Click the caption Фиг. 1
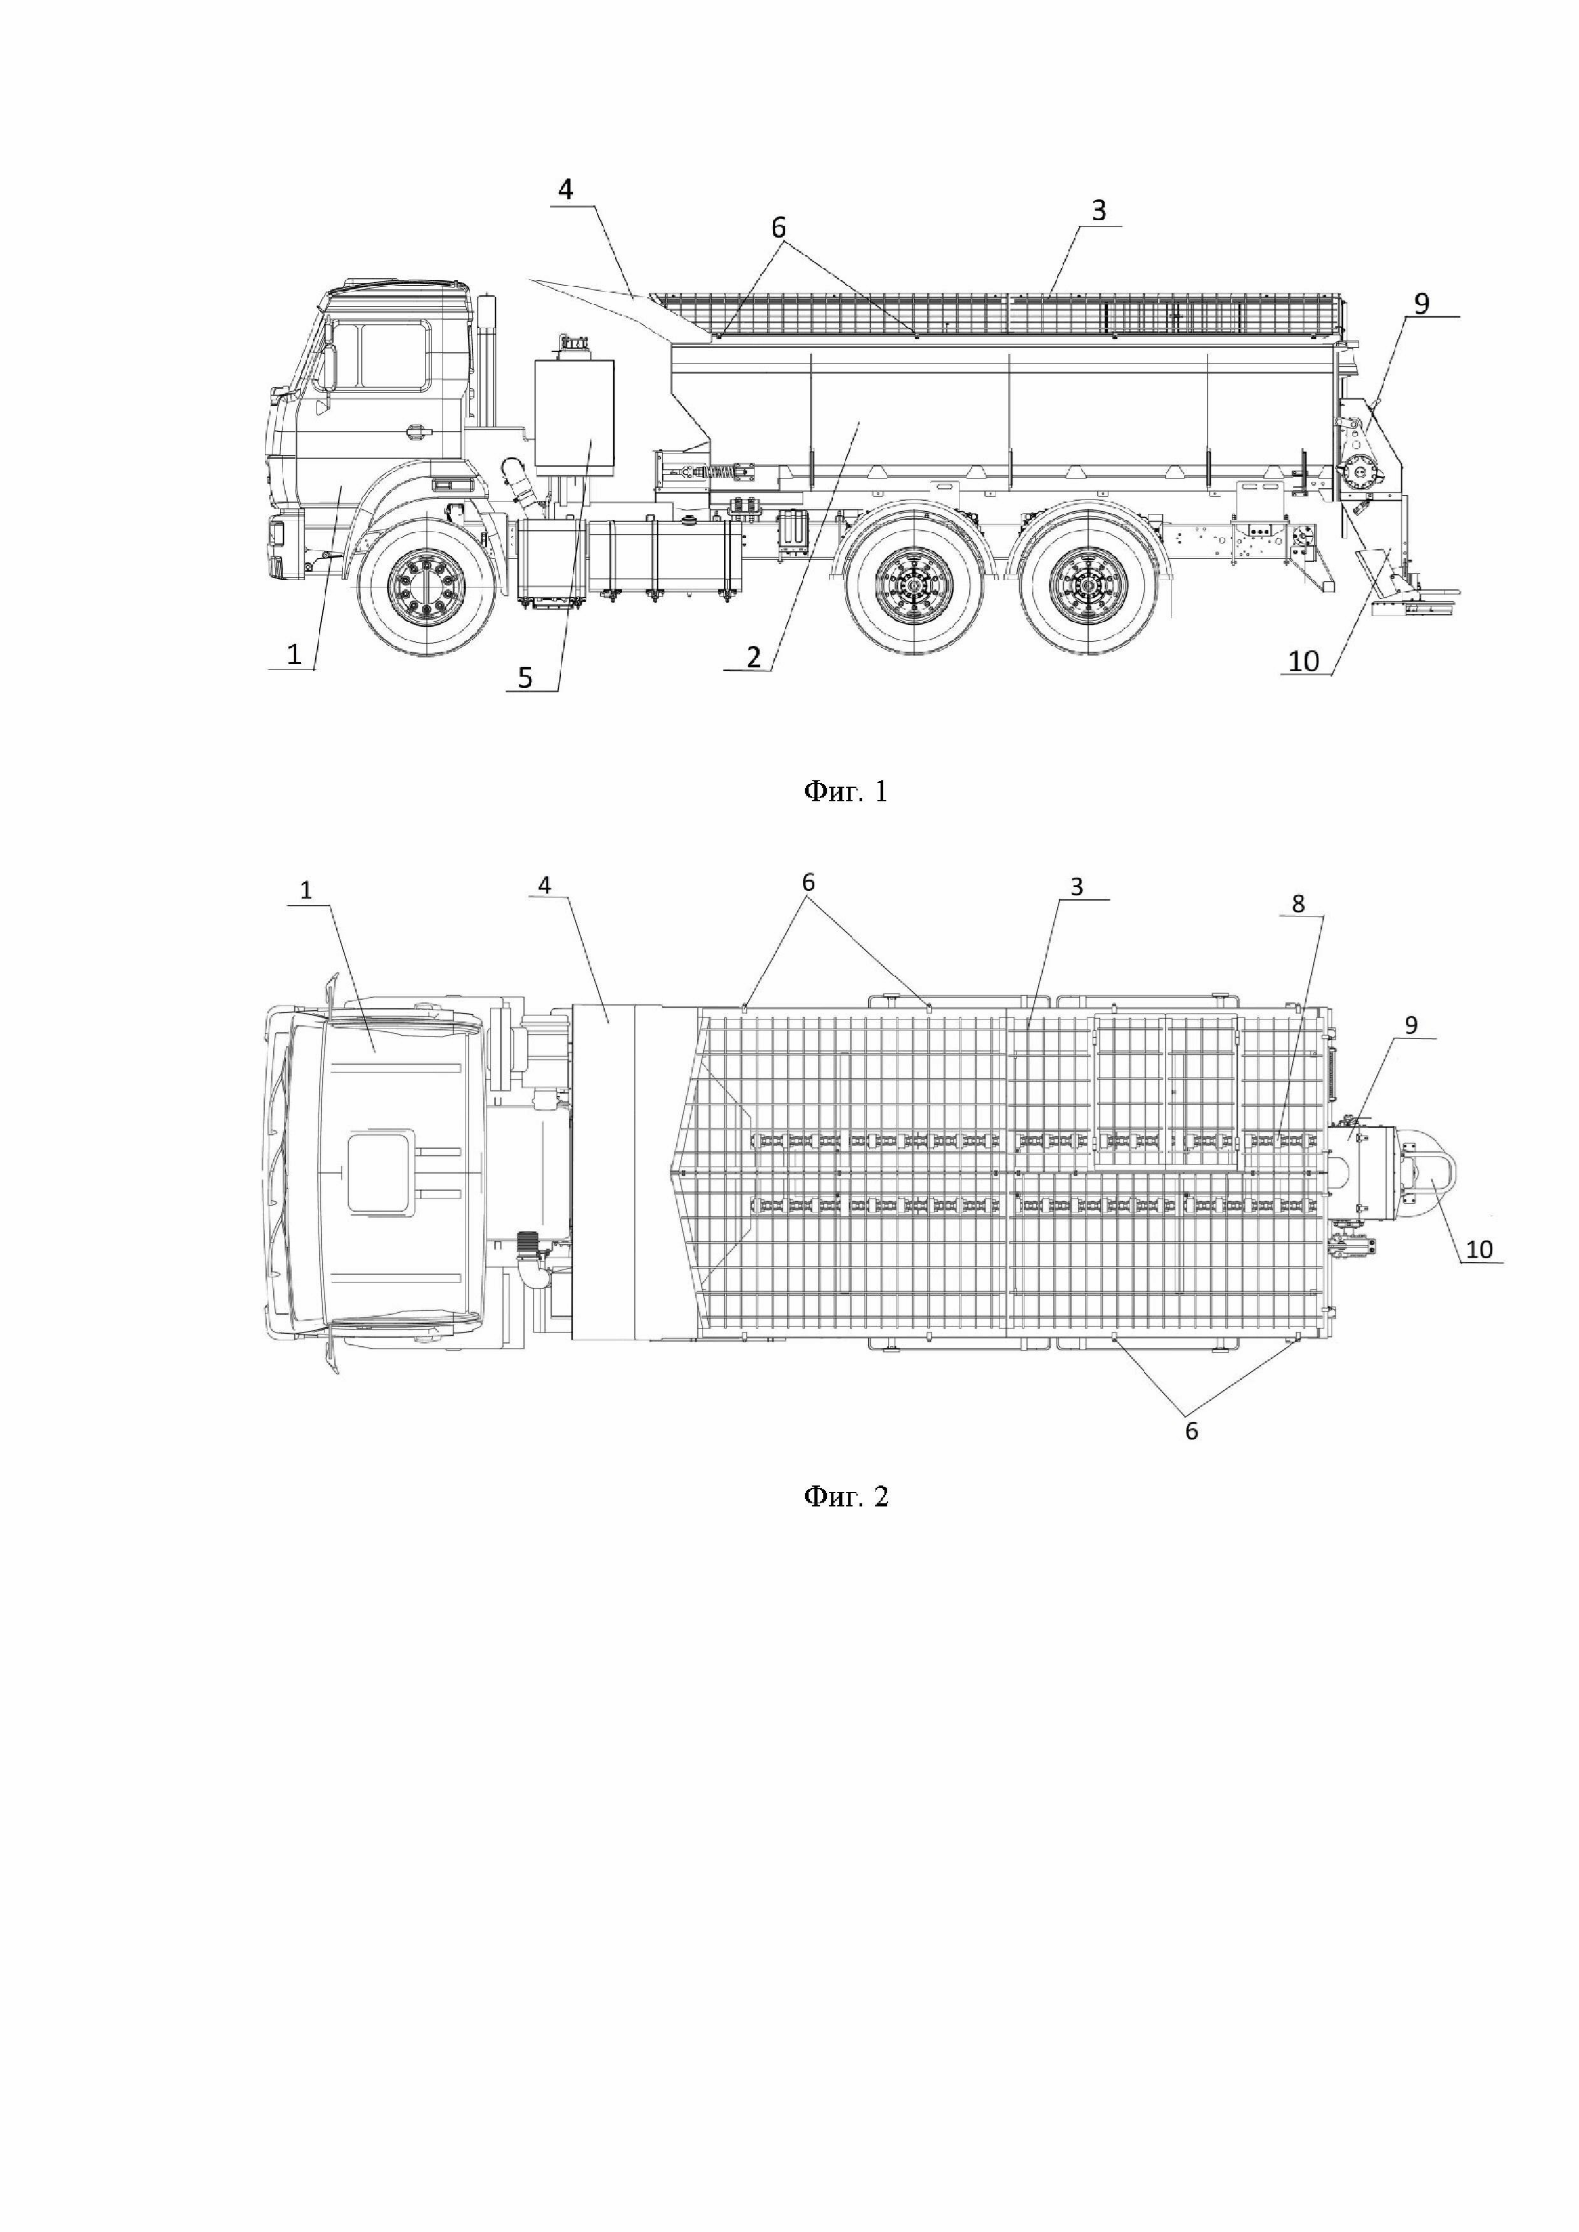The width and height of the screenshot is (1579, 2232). point(845,792)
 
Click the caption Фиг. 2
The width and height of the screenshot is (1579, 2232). point(845,1496)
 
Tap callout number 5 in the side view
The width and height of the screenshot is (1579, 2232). point(525,678)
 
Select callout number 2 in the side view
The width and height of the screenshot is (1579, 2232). point(754,657)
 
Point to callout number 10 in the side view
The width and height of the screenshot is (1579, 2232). point(1304,661)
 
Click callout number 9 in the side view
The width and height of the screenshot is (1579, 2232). point(1422,304)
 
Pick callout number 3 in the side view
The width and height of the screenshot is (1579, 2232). point(1099,211)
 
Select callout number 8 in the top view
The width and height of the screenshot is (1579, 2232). point(1298,903)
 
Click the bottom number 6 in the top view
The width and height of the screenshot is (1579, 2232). point(1191,1431)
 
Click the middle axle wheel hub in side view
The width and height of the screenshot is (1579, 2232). point(914,588)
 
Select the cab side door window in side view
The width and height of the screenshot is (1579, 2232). point(393,357)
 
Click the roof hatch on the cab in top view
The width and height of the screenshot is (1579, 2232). point(381,1174)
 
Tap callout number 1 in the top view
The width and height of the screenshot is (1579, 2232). point(306,890)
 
